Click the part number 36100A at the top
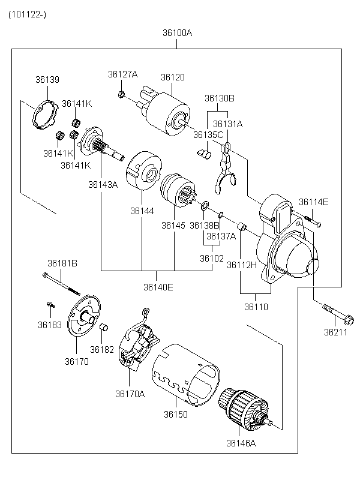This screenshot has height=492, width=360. click(177, 32)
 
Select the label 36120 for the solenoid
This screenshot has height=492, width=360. click(173, 77)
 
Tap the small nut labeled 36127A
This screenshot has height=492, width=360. click(122, 94)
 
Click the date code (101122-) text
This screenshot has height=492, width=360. click(28, 14)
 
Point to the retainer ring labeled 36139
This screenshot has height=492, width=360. click(45, 115)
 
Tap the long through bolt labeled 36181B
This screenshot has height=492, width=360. click(61, 284)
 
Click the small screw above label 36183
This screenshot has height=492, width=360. click(51, 304)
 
